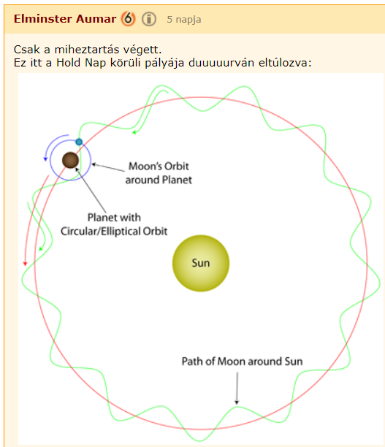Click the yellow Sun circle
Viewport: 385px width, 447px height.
pyautogui.click(x=201, y=263)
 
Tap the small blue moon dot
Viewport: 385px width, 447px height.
pyautogui.click(x=79, y=142)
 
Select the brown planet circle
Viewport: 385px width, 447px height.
pyautogui.click(x=70, y=160)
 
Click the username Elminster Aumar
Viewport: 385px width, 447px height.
pyautogui.click(x=65, y=19)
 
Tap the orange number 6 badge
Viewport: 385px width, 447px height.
pyautogui.click(x=128, y=19)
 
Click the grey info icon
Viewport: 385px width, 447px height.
pyautogui.click(x=149, y=19)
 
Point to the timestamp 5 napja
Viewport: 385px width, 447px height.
pyautogui.click(x=184, y=20)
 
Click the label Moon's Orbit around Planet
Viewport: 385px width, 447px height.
pyautogui.click(x=159, y=173)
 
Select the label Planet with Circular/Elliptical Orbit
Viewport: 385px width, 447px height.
pyautogui.click(x=114, y=224)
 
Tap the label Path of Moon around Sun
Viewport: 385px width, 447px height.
pyautogui.click(x=242, y=362)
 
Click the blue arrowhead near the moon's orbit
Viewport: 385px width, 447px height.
pyautogui.click(x=45, y=158)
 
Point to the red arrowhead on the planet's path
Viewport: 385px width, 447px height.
pyautogui.click(x=25, y=264)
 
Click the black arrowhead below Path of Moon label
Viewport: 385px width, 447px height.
pyautogui.click(x=237, y=402)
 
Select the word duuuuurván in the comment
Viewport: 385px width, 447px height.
pyautogui.click(x=221, y=62)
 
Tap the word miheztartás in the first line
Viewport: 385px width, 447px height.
pyautogui.click(x=87, y=50)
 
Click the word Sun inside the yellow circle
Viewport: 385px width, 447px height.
pyautogui.click(x=201, y=263)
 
